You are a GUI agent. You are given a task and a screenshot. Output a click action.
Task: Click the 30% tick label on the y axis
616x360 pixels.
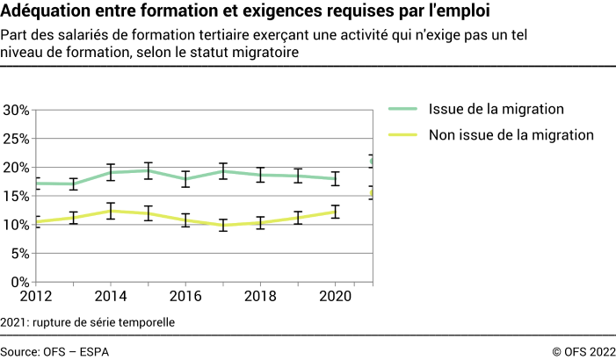(17, 111)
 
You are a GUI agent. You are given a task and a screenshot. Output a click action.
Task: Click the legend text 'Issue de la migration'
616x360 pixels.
(496, 109)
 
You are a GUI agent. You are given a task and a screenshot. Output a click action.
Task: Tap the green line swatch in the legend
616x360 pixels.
(403, 109)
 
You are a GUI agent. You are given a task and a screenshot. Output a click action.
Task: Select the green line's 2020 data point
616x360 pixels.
(335, 178)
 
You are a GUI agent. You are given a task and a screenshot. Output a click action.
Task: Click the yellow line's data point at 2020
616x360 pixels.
(335, 211)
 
